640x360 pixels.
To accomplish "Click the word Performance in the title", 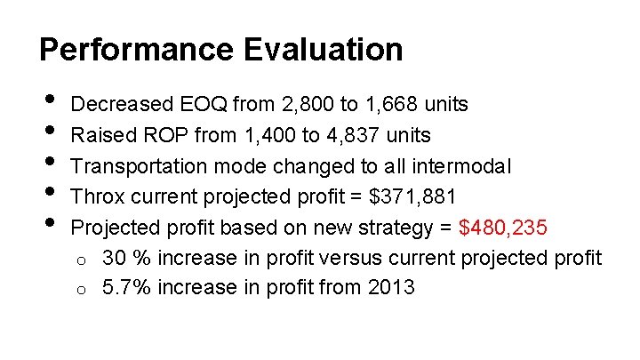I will pos(127,49).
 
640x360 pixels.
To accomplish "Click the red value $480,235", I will pos(504,228).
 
